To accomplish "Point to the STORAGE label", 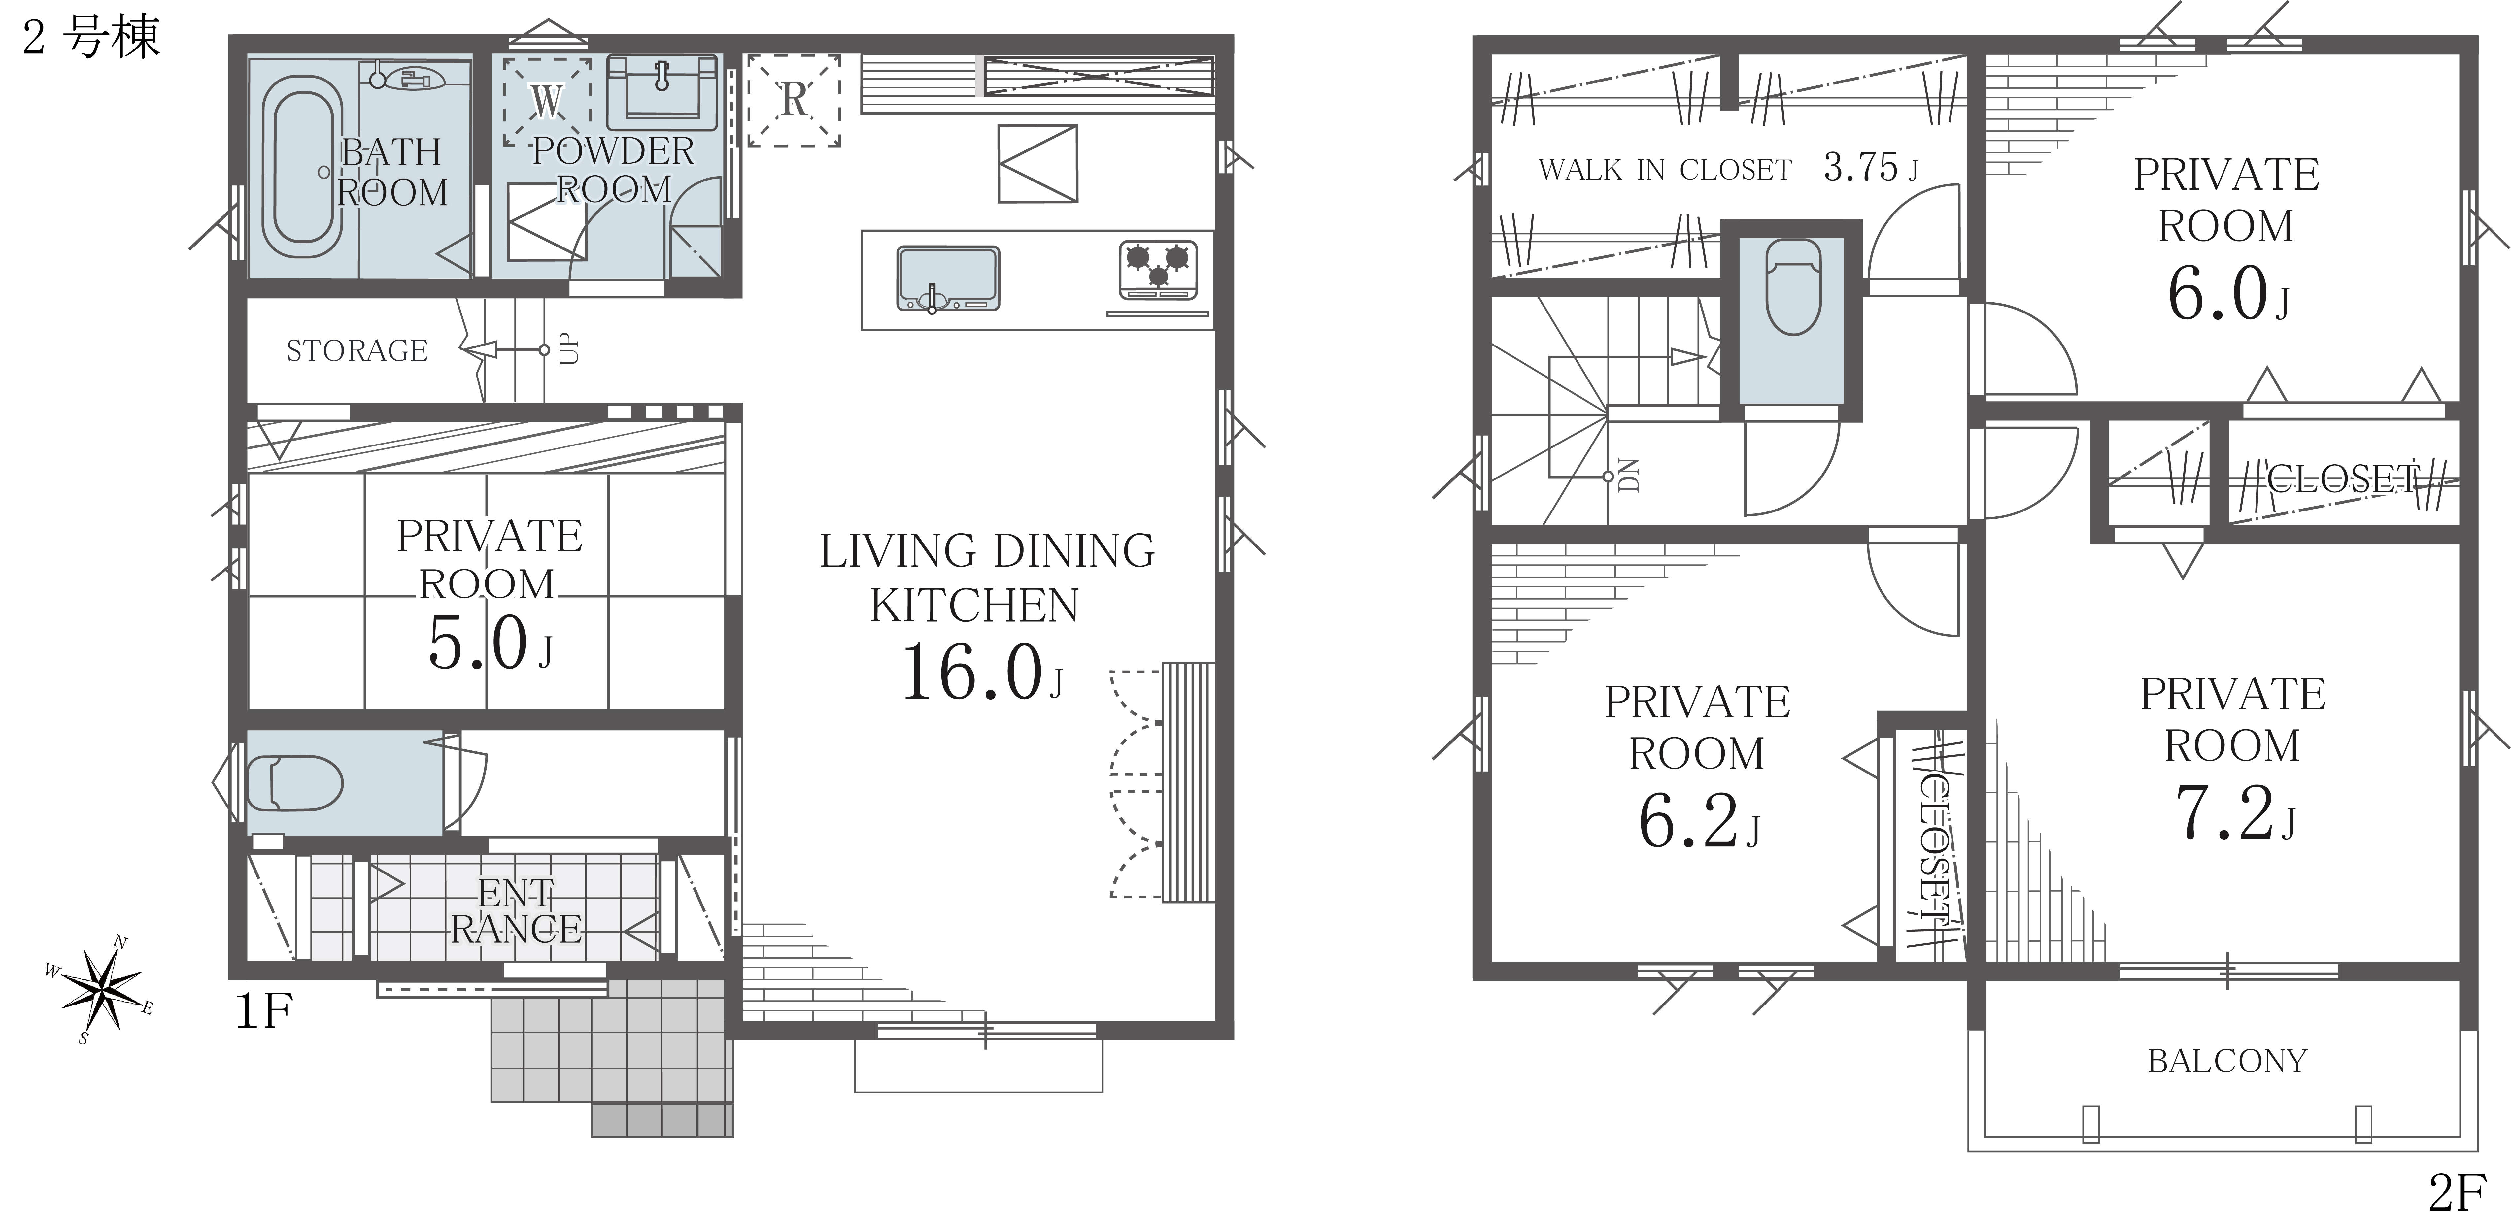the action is coord(357,351).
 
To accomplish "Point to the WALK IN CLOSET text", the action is coord(1665,171).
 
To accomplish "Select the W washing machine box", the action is coord(547,100).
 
